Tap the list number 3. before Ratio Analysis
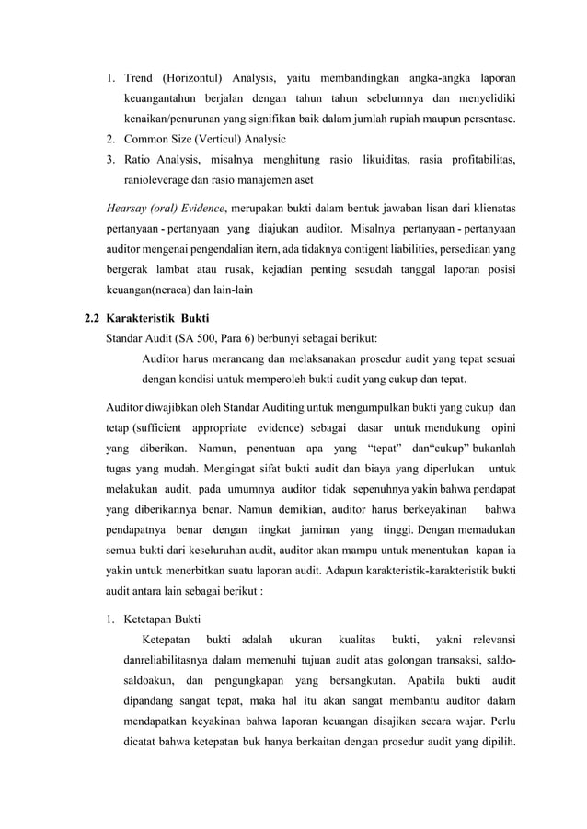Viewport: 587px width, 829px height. point(107,161)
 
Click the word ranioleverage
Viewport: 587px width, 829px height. point(162,183)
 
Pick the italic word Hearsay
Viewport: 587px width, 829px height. point(130,209)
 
